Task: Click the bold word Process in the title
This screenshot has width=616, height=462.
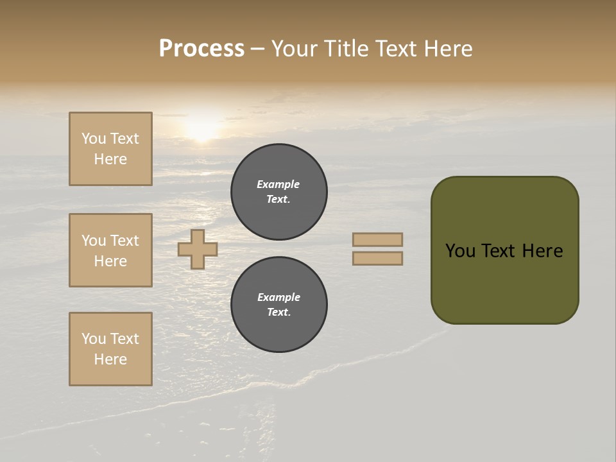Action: (201, 49)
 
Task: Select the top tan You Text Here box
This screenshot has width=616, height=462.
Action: (110, 149)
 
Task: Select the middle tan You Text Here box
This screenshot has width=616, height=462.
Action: (110, 250)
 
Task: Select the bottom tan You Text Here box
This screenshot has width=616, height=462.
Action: (110, 349)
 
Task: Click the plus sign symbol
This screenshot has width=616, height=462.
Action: (198, 249)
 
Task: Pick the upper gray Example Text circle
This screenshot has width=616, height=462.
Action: (279, 192)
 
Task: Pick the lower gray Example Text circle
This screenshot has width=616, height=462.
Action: (279, 305)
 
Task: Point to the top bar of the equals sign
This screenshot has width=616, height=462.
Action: (377, 239)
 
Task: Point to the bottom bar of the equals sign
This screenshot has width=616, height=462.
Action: (377, 258)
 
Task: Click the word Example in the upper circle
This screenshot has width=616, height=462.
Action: (278, 184)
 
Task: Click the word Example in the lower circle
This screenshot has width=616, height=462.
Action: (278, 297)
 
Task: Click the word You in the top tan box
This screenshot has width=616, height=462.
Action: (93, 139)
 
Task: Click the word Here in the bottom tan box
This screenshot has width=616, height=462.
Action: (110, 359)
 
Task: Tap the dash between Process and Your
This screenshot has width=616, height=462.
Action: (257, 49)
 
